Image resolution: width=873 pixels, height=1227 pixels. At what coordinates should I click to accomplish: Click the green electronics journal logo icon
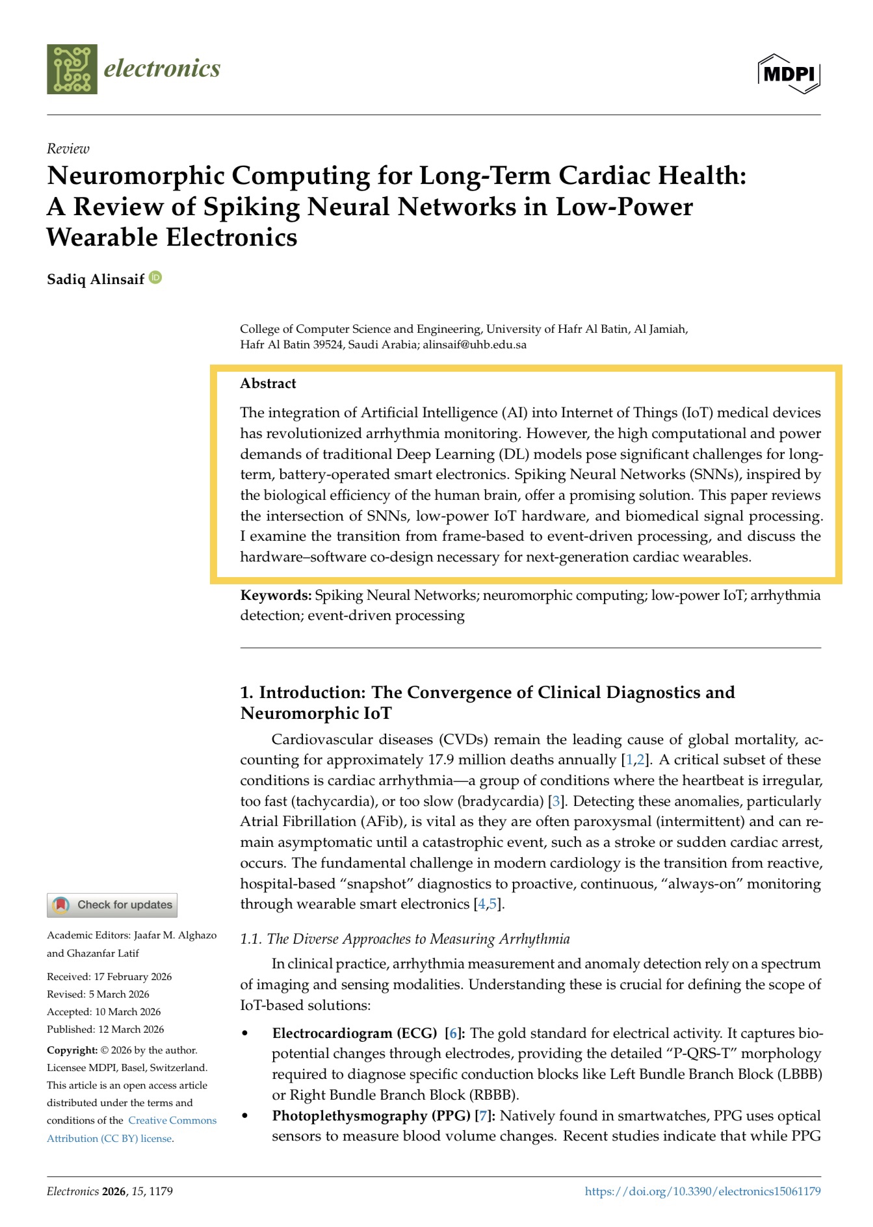[x=72, y=69]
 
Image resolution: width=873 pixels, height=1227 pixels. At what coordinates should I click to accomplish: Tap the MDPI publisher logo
[x=788, y=73]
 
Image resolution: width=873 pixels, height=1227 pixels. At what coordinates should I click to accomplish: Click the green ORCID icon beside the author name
[x=155, y=278]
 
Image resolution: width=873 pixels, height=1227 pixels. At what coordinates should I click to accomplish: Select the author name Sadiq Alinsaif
[x=96, y=279]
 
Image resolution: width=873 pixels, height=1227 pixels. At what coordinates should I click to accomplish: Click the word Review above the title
[x=68, y=149]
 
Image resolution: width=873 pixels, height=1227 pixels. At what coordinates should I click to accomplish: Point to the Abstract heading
[x=268, y=383]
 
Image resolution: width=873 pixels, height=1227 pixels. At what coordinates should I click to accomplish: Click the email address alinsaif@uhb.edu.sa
[x=475, y=344]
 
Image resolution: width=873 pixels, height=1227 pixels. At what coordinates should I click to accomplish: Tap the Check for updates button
[x=112, y=905]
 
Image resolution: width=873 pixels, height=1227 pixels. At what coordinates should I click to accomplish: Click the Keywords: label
[x=276, y=595]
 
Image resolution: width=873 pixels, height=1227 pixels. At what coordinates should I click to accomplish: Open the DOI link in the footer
[x=702, y=1191]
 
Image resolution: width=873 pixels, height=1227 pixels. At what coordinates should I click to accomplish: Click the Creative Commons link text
[x=172, y=1120]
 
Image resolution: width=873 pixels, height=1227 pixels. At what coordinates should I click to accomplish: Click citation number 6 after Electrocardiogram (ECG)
[x=452, y=1033]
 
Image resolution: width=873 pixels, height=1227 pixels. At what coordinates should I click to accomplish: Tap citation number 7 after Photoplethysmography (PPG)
[x=482, y=1116]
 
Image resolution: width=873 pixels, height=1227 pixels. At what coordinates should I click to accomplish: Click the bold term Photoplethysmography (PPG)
[x=371, y=1116]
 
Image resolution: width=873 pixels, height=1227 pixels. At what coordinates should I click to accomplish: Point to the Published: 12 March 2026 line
[x=105, y=1029]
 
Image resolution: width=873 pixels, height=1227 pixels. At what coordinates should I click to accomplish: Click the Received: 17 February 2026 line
[x=109, y=977]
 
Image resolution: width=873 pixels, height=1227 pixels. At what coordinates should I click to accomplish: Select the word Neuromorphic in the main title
[x=137, y=175]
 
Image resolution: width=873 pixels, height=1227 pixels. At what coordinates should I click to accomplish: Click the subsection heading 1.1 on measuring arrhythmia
[x=404, y=939]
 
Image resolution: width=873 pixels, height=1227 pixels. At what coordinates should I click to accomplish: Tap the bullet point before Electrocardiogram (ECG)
[x=245, y=1033]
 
